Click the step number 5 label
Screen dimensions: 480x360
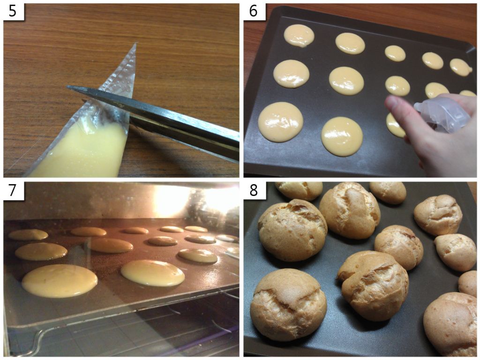(13, 12)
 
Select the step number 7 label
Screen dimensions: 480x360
(13, 190)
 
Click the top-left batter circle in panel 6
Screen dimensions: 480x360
(299, 36)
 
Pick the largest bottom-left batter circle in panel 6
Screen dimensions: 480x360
(280, 122)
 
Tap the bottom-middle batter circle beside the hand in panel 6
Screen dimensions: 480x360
(342, 136)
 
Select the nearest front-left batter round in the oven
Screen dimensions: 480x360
(60, 281)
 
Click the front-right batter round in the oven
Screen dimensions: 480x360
(153, 273)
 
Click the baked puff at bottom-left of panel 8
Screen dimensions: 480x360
(288, 305)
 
